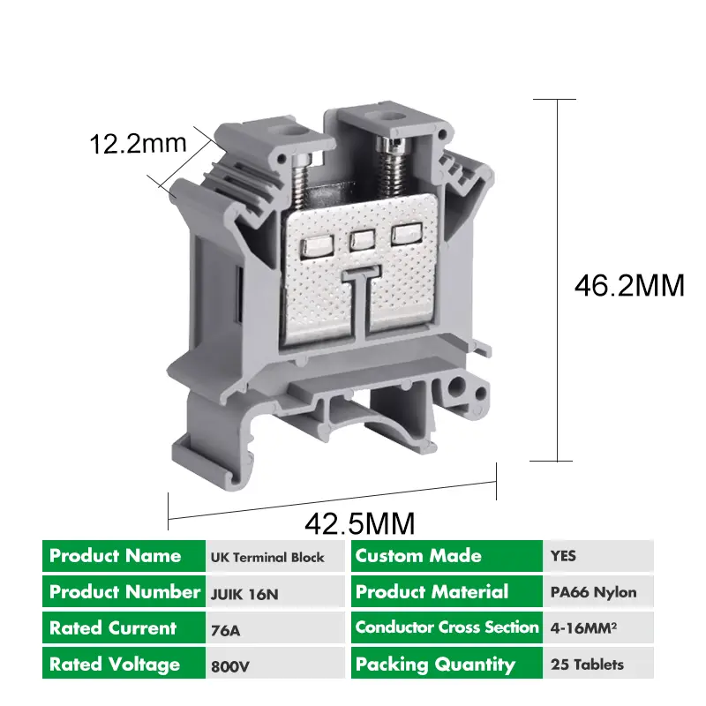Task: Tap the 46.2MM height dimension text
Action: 629,286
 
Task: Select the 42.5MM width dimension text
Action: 359,523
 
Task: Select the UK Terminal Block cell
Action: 267,558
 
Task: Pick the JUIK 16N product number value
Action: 244,594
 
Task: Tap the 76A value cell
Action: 226,630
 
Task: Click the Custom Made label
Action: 418,556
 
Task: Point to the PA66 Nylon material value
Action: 592,592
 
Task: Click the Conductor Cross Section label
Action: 447,627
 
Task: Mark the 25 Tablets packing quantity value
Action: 587,665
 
